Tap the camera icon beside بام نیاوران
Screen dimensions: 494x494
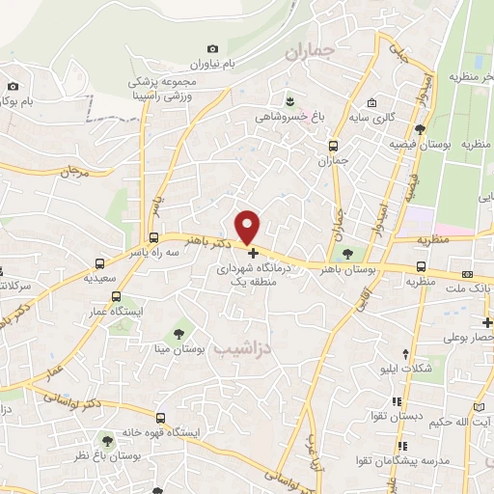[212, 49]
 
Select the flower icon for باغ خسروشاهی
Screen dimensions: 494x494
[288, 99]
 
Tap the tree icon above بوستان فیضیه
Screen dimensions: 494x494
[420, 128]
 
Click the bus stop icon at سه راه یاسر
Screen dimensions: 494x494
[153, 238]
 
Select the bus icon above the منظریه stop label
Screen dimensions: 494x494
[422, 267]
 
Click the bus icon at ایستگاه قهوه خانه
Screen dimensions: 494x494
[160, 419]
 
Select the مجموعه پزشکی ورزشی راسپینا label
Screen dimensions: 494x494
[169, 89]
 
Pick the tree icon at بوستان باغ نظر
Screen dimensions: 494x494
[107, 441]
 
